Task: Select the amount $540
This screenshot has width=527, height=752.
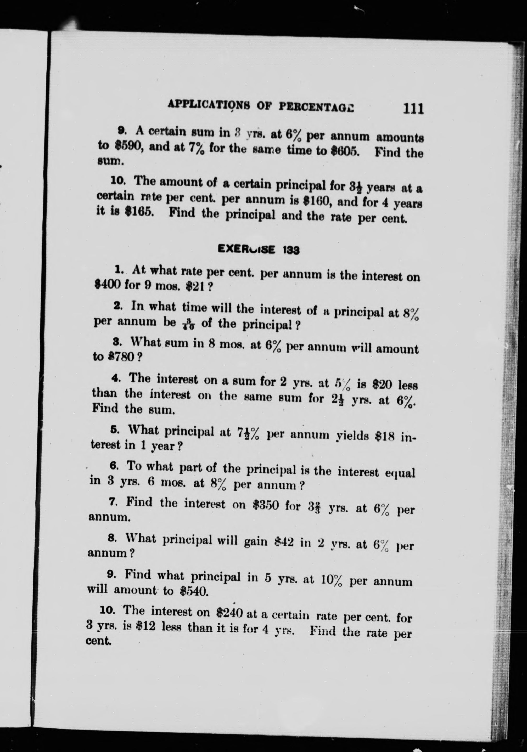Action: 194,591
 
